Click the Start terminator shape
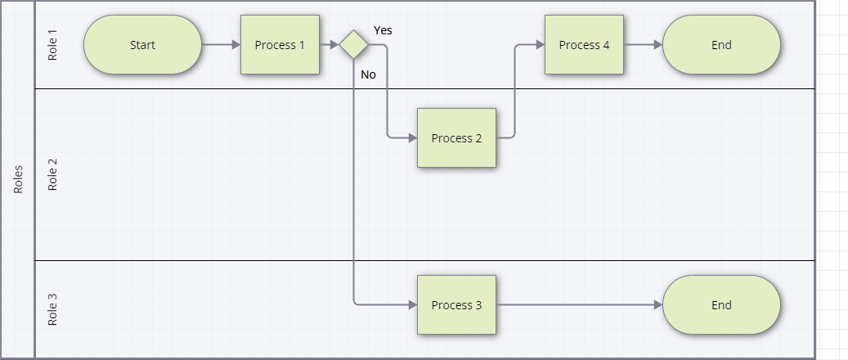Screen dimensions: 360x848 pos(142,45)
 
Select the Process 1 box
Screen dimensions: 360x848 pos(280,45)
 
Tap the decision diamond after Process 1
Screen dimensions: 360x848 pos(353,45)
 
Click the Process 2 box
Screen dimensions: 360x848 pos(456,138)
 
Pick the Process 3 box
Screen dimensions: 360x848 pos(456,305)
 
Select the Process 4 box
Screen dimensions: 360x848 pos(584,45)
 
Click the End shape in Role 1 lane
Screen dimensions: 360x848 pos(721,45)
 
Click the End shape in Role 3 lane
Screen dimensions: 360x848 pos(721,305)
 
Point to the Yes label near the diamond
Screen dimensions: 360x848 pos(383,30)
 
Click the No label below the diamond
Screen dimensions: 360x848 pos(368,74)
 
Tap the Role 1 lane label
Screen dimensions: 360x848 pos(53,45)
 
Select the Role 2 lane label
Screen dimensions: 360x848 pos(53,175)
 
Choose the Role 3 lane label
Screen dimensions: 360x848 pos(53,309)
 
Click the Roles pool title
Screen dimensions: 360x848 pos(18,180)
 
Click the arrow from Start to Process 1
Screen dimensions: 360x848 pos(221,45)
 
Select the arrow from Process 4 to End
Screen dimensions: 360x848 pos(644,45)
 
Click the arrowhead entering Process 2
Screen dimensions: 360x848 pos(412,138)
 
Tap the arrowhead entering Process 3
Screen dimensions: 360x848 pos(412,305)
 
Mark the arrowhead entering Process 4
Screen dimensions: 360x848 pos(540,45)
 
